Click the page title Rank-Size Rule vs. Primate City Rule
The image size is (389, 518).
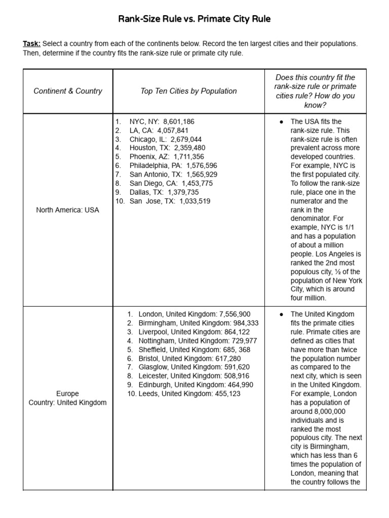coord(194,19)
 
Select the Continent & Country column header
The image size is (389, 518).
coord(68,91)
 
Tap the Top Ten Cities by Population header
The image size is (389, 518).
coord(188,91)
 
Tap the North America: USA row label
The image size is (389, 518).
coord(68,210)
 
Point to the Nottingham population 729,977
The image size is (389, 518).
coord(240,340)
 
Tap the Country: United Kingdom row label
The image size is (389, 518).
coord(68,403)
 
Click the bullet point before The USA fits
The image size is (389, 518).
coord(281,122)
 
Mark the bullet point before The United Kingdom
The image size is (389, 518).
coord(281,314)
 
